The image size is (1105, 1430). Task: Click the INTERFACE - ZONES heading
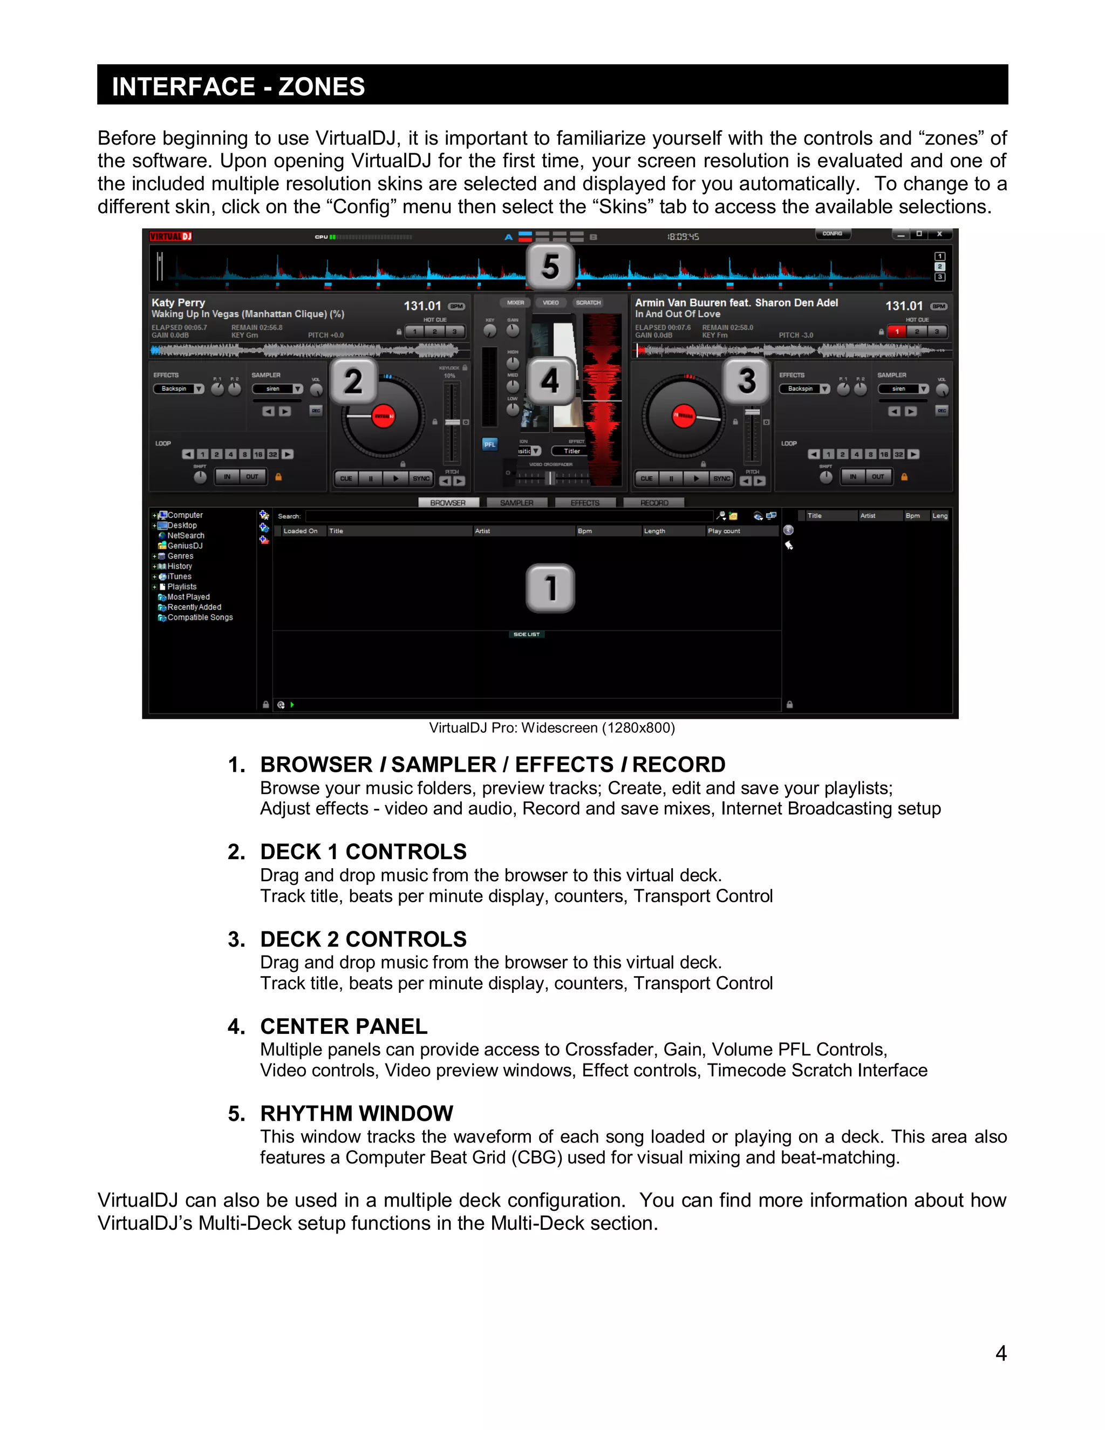click(238, 86)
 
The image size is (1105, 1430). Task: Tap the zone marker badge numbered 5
click(550, 267)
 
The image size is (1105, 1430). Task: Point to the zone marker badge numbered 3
click(747, 380)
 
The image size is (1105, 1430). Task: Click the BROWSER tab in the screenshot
click(448, 503)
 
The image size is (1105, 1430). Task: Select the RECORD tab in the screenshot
click(654, 503)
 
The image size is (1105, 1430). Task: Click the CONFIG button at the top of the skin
click(832, 234)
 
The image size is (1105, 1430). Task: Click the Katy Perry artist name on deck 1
click(179, 303)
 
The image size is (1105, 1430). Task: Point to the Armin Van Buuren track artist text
click(736, 303)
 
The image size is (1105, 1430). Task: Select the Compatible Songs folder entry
click(200, 617)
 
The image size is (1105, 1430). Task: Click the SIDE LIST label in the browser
click(526, 635)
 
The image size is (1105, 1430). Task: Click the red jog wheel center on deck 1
click(384, 416)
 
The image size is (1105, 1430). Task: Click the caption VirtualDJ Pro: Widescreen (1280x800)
click(552, 728)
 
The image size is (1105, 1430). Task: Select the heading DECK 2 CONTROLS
click(363, 939)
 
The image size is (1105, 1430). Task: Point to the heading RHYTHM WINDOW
click(357, 1113)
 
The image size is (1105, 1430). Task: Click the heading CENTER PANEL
click(344, 1026)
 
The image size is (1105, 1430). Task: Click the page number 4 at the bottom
click(1000, 1353)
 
